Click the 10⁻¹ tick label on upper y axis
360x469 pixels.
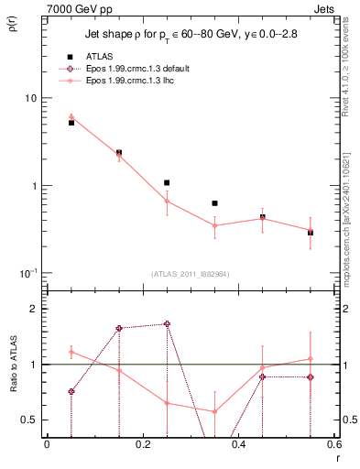[x=27, y=273]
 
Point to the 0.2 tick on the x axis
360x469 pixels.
[x=142, y=444]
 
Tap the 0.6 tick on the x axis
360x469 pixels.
[x=333, y=444]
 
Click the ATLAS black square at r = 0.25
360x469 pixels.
[x=167, y=182]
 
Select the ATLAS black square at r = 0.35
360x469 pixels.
[x=214, y=202]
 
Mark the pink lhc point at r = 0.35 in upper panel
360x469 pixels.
[x=214, y=225]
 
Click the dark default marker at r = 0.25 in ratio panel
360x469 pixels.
[x=167, y=323]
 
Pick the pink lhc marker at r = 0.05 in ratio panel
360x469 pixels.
[x=71, y=353]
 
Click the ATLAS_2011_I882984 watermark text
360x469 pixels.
[x=190, y=274]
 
